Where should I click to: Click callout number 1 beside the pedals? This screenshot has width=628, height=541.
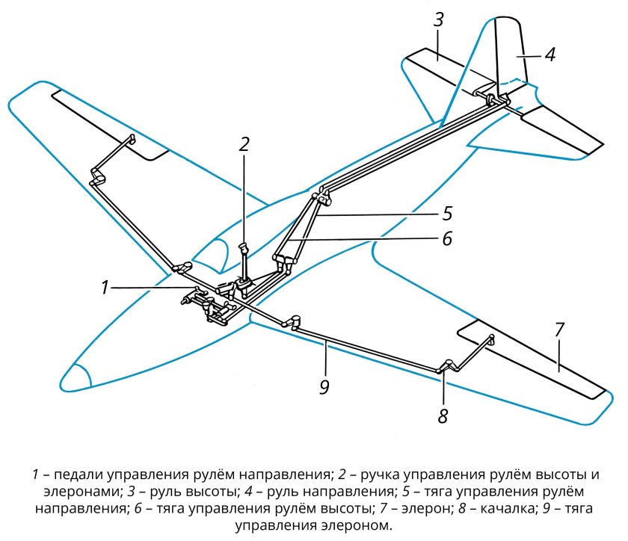coord(105,288)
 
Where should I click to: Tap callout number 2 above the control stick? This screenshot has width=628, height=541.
coord(244,144)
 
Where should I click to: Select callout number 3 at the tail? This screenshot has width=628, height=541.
coord(439,19)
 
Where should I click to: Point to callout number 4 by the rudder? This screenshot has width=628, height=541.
coord(550,55)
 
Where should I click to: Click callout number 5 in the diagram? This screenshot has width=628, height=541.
coord(447,214)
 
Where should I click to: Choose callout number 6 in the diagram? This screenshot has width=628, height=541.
coord(447,238)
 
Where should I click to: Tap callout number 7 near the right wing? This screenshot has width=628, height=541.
coord(559,330)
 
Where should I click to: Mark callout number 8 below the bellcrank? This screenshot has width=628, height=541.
coord(443,416)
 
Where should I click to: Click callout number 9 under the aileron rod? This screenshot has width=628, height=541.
coord(324,387)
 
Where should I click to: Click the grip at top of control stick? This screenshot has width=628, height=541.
coord(244,247)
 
